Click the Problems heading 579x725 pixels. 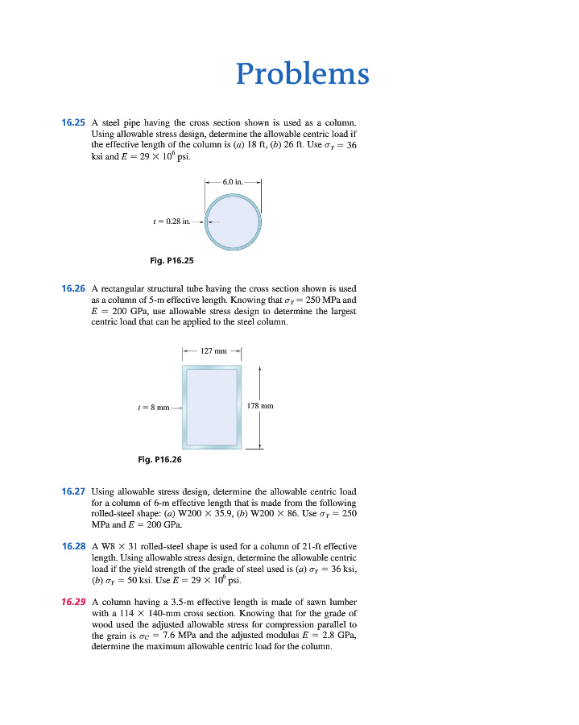pos(303,74)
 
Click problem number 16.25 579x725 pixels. pos(73,122)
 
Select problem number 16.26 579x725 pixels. pos(73,288)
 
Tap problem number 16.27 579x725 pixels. pos(73,491)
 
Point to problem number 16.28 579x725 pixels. pos(73,546)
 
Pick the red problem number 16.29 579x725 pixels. pos(73,602)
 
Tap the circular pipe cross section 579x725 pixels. pos(233,222)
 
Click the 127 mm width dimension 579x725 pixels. pos(213,350)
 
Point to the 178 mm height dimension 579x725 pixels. pos(260,406)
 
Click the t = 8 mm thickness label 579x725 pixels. pos(153,408)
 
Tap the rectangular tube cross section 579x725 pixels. pos(213,407)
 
